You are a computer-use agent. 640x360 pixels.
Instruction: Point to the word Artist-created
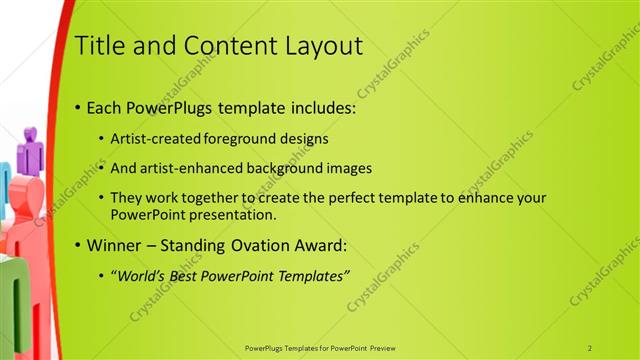[149, 138]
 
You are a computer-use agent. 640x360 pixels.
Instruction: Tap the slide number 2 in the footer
[590, 347]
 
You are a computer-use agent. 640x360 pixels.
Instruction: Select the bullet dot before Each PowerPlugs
[79, 107]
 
